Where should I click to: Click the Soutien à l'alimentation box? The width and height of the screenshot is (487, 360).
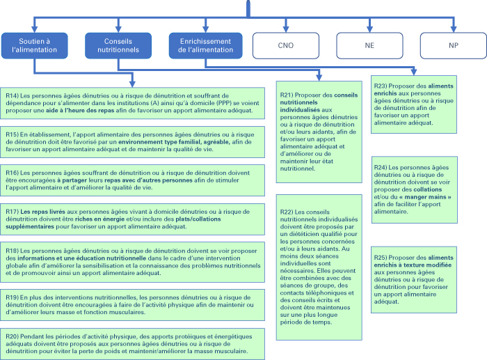point(35,45)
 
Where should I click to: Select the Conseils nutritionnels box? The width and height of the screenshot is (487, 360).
point(118,45)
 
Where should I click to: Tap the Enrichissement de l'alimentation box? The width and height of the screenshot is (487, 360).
point(206,45)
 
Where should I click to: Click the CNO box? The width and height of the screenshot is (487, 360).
point(286,45)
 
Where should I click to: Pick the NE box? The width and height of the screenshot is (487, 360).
point(369,45)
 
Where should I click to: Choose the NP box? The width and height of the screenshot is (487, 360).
point(454,45)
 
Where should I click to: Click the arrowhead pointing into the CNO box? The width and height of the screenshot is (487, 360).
point(286,29)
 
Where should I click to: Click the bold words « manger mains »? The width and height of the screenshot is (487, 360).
point(425,197)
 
